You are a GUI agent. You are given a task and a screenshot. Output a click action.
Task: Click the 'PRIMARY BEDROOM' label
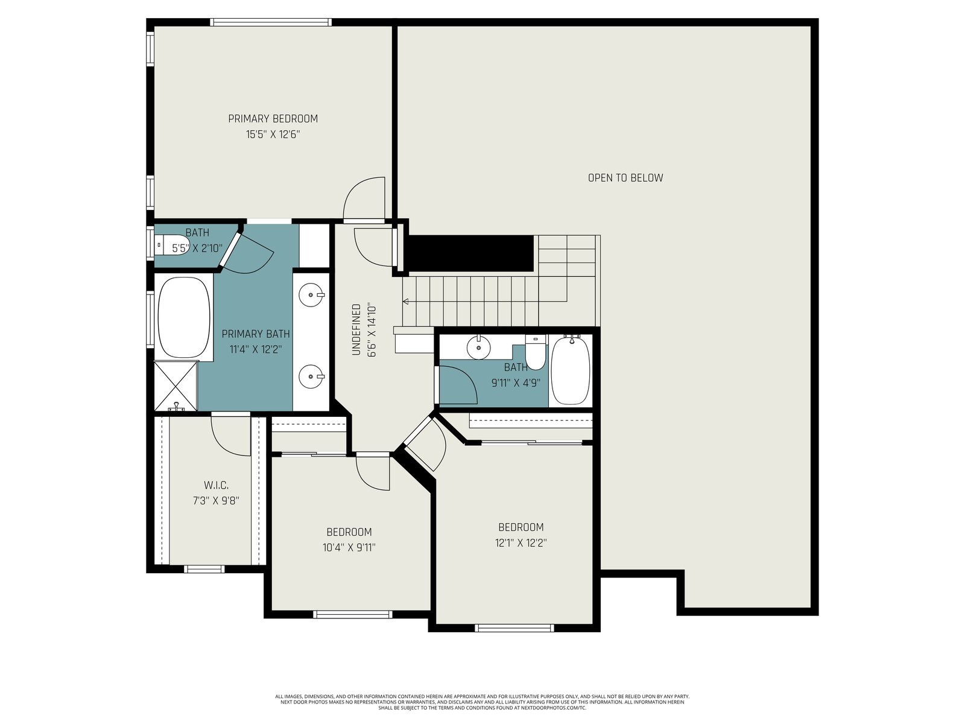pyautogui.click(x=273, y=119)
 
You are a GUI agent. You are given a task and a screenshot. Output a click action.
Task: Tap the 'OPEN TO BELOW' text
pyautogui.click(x=625, y=178)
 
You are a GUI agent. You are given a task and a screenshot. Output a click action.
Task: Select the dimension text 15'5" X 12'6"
pyautogui.click(x=273, y=135)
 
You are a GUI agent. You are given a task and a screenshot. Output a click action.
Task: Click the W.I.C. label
pyautogui.click(x=216, y=485)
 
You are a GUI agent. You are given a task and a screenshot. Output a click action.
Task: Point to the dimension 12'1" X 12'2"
pyautogui.click(x=520, y=543)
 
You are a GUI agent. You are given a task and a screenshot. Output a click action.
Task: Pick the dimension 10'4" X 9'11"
pyautogui.click(x=349, y=548)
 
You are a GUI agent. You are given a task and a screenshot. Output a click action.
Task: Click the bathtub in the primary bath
pyautogui.click(x=184, y=317)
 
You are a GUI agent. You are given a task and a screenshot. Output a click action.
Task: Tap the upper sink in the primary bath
pyautogui.click(x=311, y=295)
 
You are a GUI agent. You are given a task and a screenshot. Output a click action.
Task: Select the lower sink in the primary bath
pyautogui.click(x=311, y=376)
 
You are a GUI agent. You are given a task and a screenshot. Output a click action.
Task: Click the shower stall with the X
pyautogui.click(x=176, y=386)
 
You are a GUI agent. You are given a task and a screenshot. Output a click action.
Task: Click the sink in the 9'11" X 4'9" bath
pyautogui.click(x=478, y=348)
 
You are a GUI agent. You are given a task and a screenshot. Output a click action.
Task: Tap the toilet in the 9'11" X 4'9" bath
pyautogui.click(x=536, y=352)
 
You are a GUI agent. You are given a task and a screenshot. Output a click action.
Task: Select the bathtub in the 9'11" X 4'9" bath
pyautogui.click(x=570, y=370)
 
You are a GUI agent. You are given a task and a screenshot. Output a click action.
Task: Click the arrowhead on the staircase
pyautogui.click(x=405, y=302)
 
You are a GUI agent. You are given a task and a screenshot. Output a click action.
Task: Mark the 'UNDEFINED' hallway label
pyautogui.click(x=356, y=329)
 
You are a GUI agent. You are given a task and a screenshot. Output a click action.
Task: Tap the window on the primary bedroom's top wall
pyautogui.click(x=270, y=22)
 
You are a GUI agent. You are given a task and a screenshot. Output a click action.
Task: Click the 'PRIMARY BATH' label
pyautogui.click(x=256, y=334)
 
